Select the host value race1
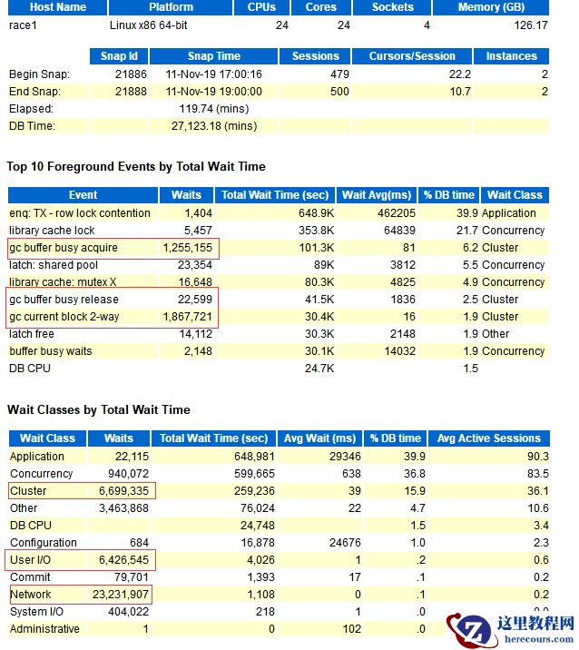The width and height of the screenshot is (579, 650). click(x=23, y=25)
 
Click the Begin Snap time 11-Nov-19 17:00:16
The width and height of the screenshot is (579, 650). click(x=214, y=74)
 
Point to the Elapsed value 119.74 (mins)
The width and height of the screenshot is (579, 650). click(x=214, y=108)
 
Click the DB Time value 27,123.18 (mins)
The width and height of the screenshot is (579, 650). click(x=214, y=125)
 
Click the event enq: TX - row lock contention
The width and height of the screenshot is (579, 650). click(x=80, y=213)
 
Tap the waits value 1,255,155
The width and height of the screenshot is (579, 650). click(x=187, y=248)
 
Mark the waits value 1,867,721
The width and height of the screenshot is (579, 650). click(x=187, y=317)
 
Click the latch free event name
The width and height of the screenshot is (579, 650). click(x=33, y=334)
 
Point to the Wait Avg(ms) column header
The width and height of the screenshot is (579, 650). click(x=377, y=195)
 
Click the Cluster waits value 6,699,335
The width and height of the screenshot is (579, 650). click(x=123, y=491)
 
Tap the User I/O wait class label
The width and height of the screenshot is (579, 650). click(x=31, y=560)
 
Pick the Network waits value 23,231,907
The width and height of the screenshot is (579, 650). click(x=119, y=595)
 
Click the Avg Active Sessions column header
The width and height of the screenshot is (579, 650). click(x=488, y=438)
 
